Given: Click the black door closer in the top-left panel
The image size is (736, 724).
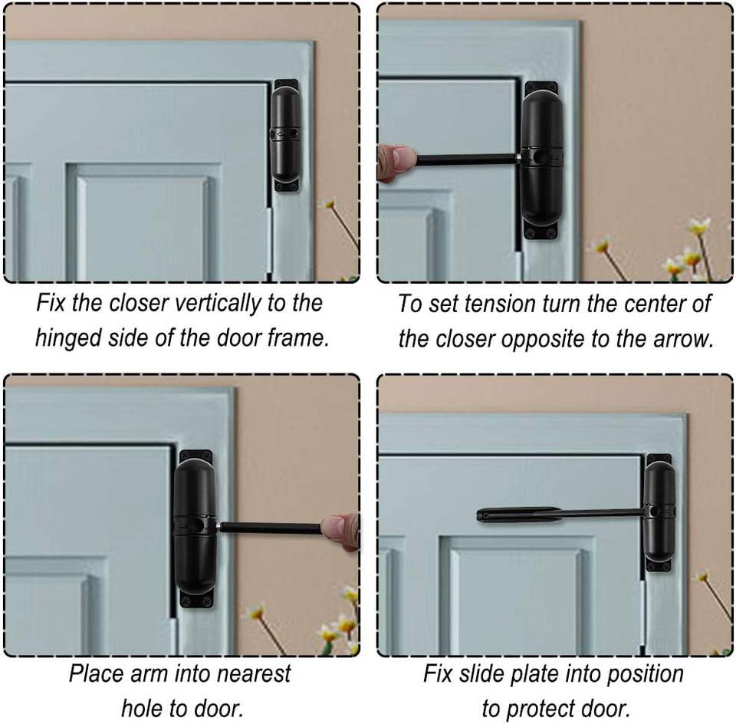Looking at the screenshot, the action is pos(286,135).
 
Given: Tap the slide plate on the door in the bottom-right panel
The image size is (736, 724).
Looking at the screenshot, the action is pos(519,515).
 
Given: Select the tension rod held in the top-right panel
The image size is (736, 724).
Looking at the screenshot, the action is pos(468,160).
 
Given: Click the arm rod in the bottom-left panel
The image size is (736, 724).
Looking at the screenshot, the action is pos(271,528).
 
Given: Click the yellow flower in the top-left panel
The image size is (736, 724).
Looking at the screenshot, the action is pos(329,203).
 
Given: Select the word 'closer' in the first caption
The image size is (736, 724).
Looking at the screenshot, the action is pos(139,303).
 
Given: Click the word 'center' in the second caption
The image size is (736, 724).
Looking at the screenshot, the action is pos(656,304).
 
